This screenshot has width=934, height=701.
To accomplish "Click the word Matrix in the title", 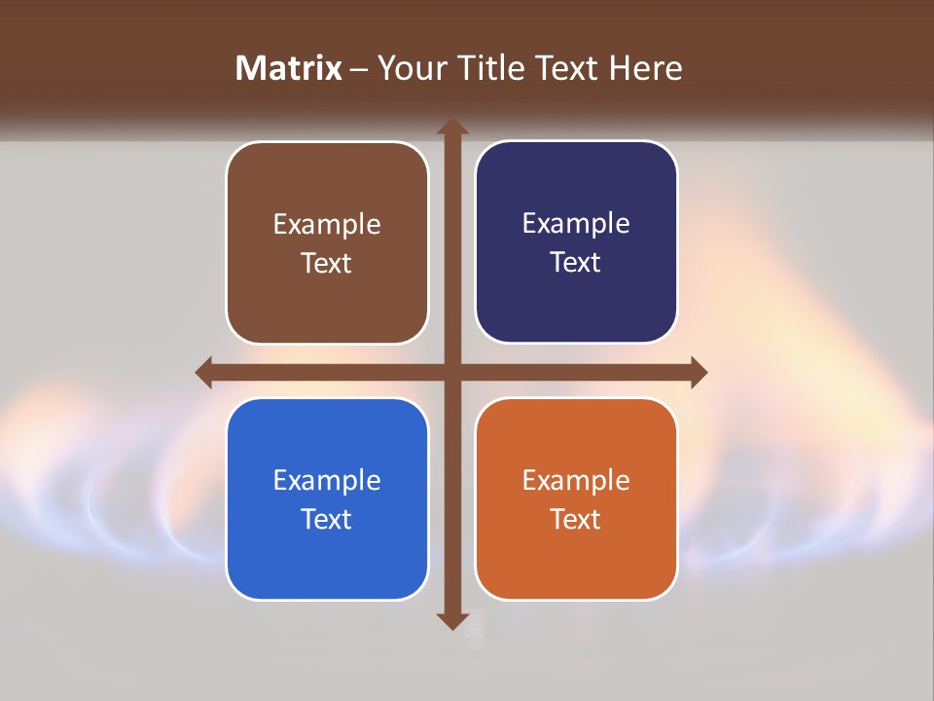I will coord(289,68).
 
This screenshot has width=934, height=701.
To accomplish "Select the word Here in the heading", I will coord(645,68).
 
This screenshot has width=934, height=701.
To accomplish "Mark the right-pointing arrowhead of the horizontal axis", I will coord(698,372).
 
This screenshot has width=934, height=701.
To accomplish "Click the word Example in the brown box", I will coord(327,225).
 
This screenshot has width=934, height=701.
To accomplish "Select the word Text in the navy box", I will coord(576,263).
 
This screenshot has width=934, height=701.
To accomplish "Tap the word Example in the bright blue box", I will coord(327,481).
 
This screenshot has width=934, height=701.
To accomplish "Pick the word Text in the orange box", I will coord(576,519).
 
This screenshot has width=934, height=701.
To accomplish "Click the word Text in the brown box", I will coord(327,264).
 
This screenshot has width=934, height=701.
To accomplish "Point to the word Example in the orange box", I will coord(576,481).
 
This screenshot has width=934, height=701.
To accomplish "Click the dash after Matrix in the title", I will coord(359,69).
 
